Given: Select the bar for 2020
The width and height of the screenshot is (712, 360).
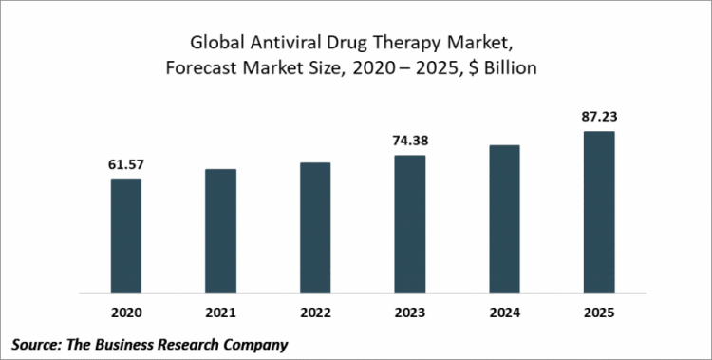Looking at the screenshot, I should click(126, 235).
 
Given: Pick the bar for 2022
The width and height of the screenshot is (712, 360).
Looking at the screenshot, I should click(315, 227).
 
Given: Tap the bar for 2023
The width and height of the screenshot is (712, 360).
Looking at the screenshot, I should click(410, 223).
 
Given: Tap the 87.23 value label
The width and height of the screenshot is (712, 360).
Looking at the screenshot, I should click(599, 119).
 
